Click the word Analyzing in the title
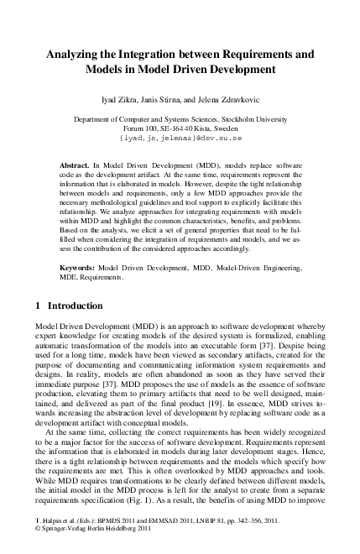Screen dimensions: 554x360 pyautogui.click(x=76, y=53)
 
